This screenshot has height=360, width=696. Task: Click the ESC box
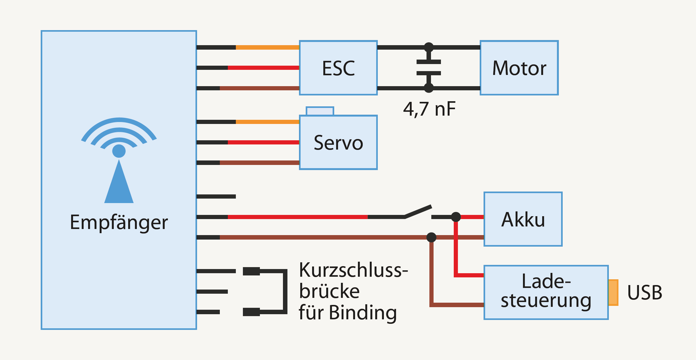point(338,68)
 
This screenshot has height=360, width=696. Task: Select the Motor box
point(519,68)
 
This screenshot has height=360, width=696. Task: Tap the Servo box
point(338,143)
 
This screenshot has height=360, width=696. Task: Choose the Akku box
point(523,219)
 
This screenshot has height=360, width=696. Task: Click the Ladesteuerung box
point(546,292)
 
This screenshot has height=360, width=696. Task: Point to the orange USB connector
point(613,292)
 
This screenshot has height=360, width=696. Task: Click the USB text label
point(644,292)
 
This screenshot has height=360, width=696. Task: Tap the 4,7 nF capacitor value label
point(429,109)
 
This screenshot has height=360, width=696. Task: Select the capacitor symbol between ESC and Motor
point(429,68)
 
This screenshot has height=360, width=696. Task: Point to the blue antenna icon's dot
point(119,151)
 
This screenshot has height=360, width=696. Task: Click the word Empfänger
point(119,222)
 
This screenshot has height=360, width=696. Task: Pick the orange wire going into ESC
point(268,47)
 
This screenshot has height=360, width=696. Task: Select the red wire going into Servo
point(263,142)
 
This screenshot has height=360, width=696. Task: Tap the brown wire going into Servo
point(260,163)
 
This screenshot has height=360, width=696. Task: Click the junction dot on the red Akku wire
point(456,217)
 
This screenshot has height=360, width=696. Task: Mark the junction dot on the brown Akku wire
point(431,237)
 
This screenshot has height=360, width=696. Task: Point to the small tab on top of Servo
point(320,111)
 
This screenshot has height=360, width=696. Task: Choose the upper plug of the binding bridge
point(251,271)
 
